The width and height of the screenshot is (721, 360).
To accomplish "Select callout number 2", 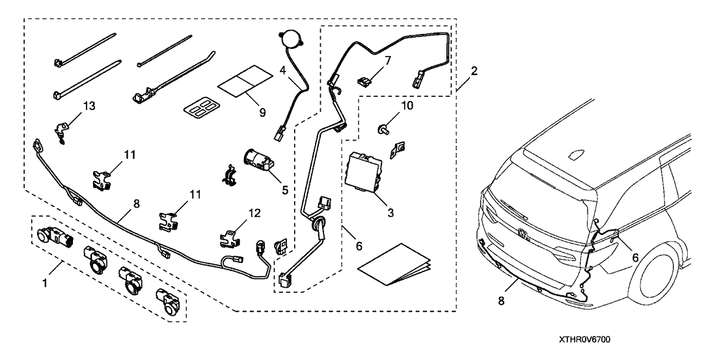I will [x=474, y=71].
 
